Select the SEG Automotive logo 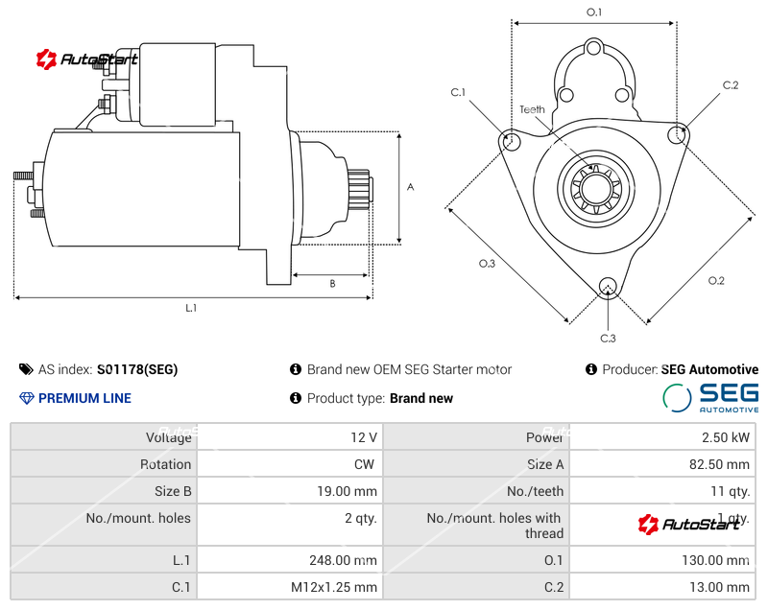pyautogui.click(x=711, y=397)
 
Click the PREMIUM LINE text pyautogui.click(x=84, y=398)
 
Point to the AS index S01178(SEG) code pyautogui.click(x=137, y=369)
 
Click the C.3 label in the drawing pyautogui.click(x=608, y=338)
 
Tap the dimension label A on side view pyautogui.click(x=410, y=187)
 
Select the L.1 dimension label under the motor pyautogui.click(x=191, y=308)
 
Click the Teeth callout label pyautogui.click(x=532, y=109)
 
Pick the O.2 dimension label pyautogui.click(x=716, y=281)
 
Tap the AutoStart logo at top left pyautogui.click(x=87, y=59)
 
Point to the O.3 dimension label pyautogui.click(x=487, y=264)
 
